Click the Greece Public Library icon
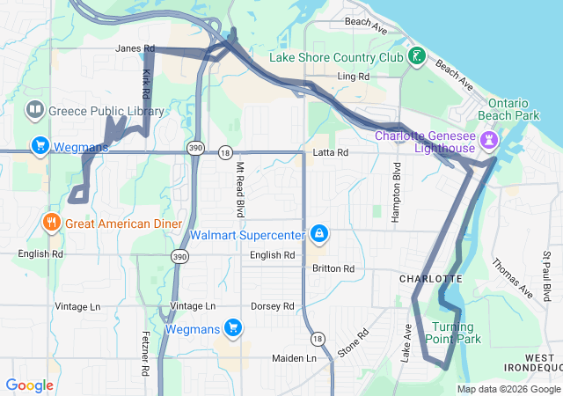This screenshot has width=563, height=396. click(35, 111)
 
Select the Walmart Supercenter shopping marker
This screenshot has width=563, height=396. click(320, 234)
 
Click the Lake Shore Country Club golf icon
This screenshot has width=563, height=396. click(416, 58)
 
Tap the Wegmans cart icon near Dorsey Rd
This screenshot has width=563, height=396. click(233, 328)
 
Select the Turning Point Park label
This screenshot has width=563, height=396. click(454, 333)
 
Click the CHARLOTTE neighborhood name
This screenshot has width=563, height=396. click(430, 278)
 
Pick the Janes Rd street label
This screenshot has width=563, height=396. click(135, 48)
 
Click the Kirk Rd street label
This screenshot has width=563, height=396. click(146, 84)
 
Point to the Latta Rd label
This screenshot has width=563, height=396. click(331, 153)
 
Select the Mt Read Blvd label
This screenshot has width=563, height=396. click(239, 194)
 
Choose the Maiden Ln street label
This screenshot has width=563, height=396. click(294, 359)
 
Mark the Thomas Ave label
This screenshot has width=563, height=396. click(513, 276)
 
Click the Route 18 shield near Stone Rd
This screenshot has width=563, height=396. click(315, 339)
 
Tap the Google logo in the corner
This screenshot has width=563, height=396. click(30, 385)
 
